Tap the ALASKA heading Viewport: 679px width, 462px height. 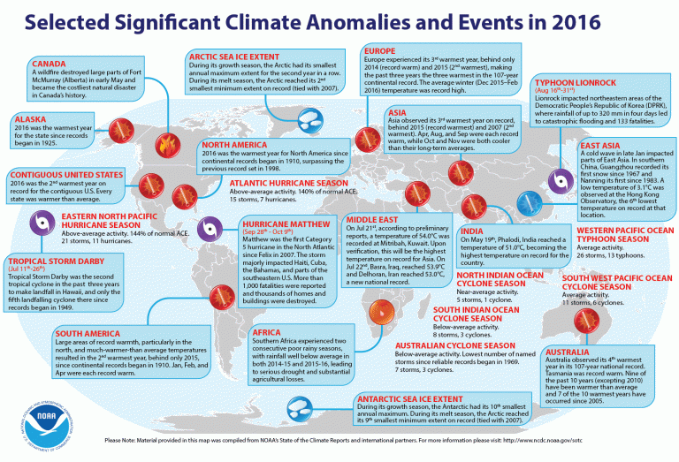(29, 118)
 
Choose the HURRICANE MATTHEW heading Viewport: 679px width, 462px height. (275, 225)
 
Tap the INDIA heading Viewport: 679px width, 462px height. (474, 231)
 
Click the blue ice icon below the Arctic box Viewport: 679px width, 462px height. (310, 120)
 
